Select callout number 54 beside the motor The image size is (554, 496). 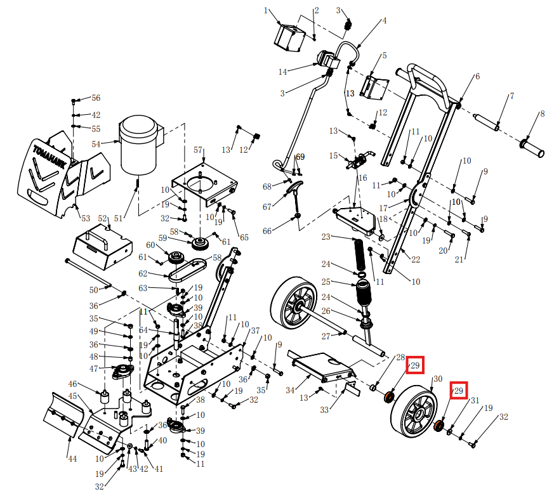tap(96, 145)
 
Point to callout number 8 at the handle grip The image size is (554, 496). tap(541, 115)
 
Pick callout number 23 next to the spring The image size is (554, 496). tap(326, 237)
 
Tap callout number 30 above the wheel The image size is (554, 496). tap(437, 379)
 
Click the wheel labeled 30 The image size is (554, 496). tap(413, 413)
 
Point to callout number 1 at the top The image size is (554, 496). tap(267, 10)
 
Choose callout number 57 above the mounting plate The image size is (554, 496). tap(198, 150)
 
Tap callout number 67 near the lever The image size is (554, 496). tap(267, 207)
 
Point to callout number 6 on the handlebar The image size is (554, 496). tap(477, 76)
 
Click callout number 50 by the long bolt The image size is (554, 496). tap(93, 290)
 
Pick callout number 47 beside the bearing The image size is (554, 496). tap(93, 369)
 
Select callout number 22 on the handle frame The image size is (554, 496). tap(416, 259)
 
